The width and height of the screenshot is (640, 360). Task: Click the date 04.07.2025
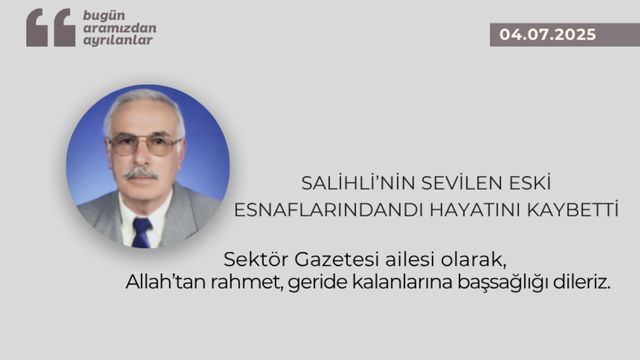tap(547, 34)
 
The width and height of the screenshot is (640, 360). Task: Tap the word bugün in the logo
tap(104, 16)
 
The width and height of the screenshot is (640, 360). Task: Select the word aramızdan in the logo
tap(119, 28)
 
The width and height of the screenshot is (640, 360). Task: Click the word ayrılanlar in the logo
tap(117, 40)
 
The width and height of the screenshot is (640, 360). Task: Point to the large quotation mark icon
tap(51, 27)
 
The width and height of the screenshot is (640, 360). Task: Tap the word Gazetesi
tap(336, 259)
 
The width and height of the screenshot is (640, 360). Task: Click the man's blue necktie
tap(141, 232)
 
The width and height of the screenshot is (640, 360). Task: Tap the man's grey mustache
tap(141, 173)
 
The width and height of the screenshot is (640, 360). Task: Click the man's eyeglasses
tap(145, 145)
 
